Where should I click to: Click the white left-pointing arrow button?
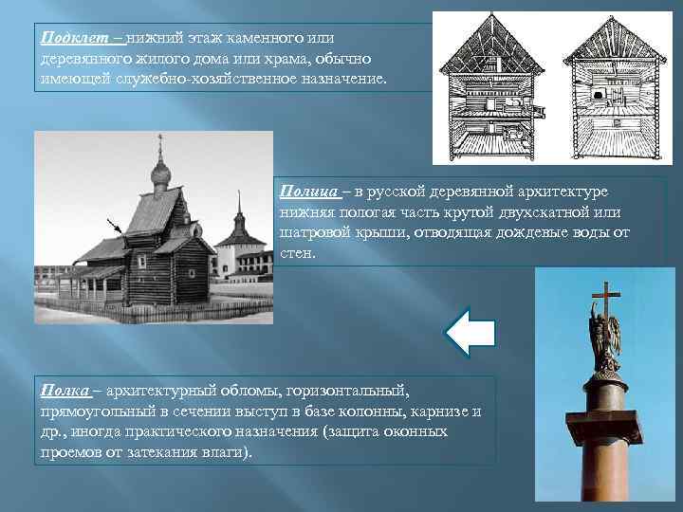470,332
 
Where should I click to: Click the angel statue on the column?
604,341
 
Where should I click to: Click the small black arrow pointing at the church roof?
117,227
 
